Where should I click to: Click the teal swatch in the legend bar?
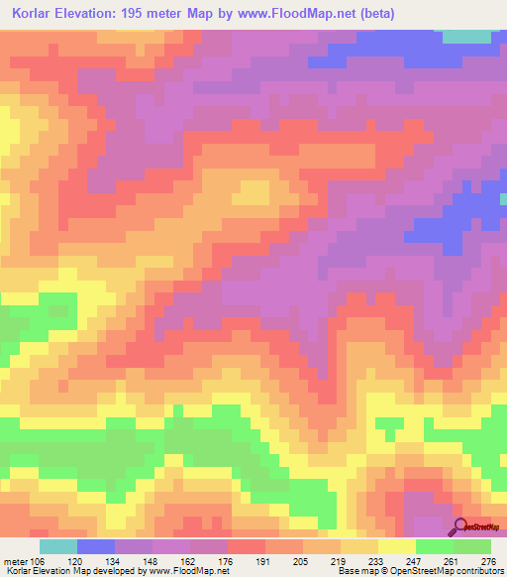click(58, 546)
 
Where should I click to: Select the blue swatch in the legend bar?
click(96, 546)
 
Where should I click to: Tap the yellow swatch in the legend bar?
click(397, 546)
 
